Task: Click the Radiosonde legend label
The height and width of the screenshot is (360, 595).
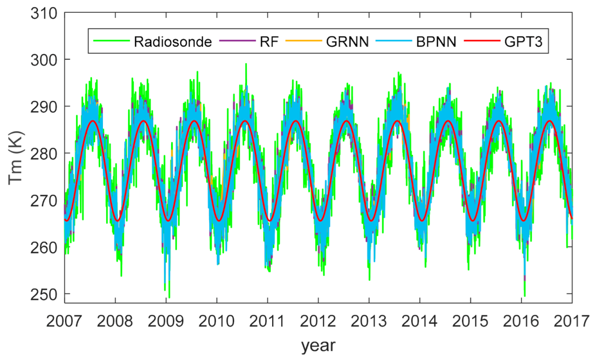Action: click(x=173, y=42)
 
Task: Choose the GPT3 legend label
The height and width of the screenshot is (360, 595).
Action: click(x=526, y=42)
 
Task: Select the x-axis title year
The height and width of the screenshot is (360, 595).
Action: click(x=319, y=346)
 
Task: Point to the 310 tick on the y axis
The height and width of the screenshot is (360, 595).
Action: click(x=44, y=13)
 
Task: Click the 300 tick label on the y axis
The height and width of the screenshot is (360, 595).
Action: click(x=44, y=60)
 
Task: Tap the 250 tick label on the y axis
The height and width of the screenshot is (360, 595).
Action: click(x=44, y=294)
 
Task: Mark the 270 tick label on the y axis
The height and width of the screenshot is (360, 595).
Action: click(x=44, y=200)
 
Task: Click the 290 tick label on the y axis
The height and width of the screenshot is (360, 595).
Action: click(x=44, y=107)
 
